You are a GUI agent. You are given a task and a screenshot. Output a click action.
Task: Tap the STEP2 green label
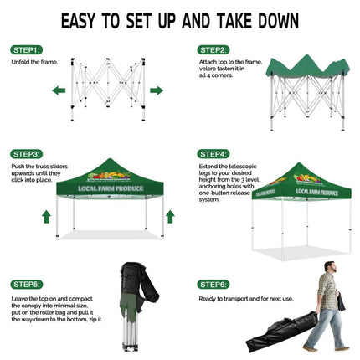(213, 49)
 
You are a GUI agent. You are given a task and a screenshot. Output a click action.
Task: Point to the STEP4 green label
(213, 154)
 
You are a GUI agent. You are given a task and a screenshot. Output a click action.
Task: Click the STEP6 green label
(213, 285)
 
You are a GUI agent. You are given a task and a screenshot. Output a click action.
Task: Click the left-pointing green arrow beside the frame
(59, 90)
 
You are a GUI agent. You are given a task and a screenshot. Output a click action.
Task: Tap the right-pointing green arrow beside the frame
(156, 90)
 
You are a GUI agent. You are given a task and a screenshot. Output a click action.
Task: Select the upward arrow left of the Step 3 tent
(46, 217)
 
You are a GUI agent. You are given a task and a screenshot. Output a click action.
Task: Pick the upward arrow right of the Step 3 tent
(170, 217)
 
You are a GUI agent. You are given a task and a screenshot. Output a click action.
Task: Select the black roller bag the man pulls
(277, 336)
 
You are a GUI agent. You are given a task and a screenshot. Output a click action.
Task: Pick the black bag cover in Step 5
(131, 289)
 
